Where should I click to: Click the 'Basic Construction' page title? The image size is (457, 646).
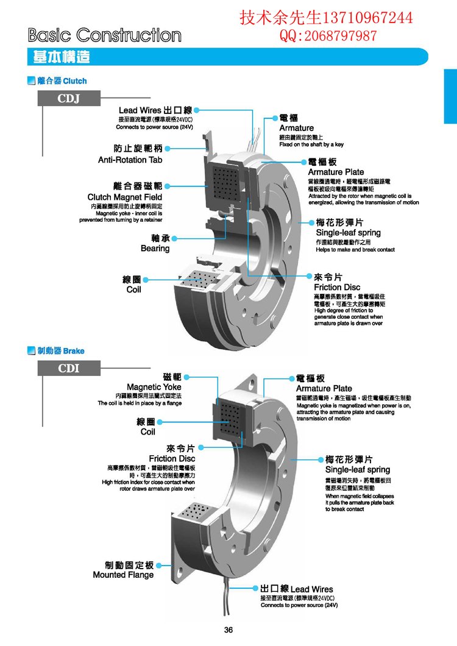(x=105, y=35)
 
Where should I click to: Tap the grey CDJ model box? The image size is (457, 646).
(x=69, y=98)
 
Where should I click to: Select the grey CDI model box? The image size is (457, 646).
(x=69, y=368)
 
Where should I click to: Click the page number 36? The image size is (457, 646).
(x=228, y=630)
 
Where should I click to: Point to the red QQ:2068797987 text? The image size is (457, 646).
(x=328, y=37)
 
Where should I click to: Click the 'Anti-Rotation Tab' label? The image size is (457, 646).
(x=130, y=160)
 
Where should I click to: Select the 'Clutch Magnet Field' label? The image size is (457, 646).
(x=125, y=197)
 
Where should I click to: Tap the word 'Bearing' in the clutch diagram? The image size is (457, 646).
(x=155, y=249)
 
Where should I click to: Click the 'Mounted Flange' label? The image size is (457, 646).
(x=123, y=575)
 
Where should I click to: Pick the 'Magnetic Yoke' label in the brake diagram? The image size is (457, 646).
(x=154, y=387)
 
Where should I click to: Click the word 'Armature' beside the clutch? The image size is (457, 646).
(x=297, y=128)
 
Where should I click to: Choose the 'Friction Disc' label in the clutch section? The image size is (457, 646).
(x=337, y=287)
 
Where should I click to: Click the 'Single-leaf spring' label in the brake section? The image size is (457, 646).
(x=358, y=470)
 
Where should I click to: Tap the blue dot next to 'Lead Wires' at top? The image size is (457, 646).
(x=197, y=110)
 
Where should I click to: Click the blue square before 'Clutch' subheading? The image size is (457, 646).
(x=31, y=80)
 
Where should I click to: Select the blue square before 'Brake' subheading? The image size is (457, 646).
(x=31, y=350)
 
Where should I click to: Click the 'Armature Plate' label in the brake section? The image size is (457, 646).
(x=324, y=388)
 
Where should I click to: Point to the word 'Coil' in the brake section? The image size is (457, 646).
(x=148, y=431)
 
